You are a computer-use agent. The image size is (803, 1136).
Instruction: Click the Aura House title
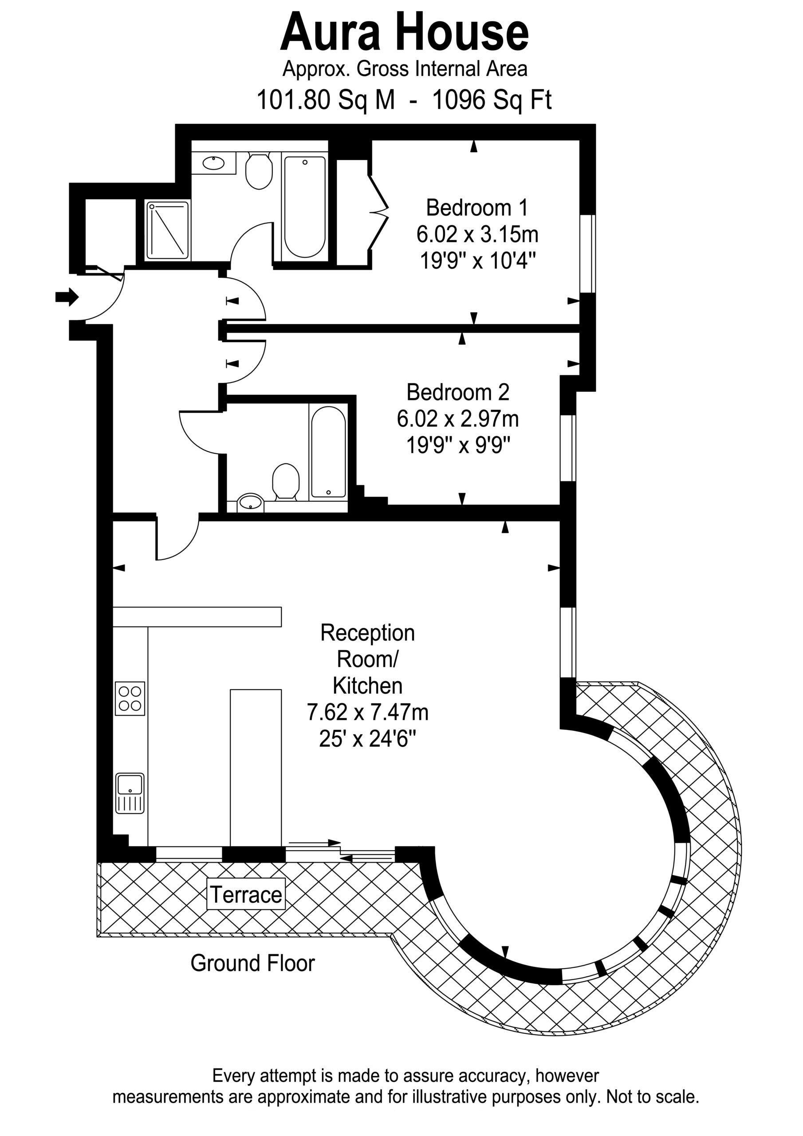pyautogui.click(x=404, y=33)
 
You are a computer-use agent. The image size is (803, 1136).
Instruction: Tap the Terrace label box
pyautogui.click(x=246, y=894)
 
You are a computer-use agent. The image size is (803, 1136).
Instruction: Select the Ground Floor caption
pyautogui.click(x=252, y=963)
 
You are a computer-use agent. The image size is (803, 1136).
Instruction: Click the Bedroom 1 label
pyautogui.click(x=477, y=208)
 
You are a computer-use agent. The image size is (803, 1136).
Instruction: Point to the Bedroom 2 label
pyautogui.click(x=458, y=392)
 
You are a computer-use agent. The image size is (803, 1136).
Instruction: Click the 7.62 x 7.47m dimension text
pyautogui.click(x=368, y=713)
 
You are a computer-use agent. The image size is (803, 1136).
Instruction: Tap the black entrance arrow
pyautogui.click(x=67, y=297)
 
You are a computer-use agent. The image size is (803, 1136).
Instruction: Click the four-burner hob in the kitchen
pyautogui.click(x=130, y=698)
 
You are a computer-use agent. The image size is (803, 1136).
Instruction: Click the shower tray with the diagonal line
pyautogui.click(x=168, y=230)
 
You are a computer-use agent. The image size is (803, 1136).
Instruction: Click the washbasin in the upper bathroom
pyautogui.click(x=214, y=163)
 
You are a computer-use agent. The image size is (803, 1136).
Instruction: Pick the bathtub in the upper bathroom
pyautogui.click(x=305, y=206)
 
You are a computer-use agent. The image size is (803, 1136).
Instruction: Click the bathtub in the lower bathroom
pyautogui.click(x=329, y=452)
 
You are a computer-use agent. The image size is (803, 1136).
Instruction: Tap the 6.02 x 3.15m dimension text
pyautogui.click(x=477, y=235)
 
